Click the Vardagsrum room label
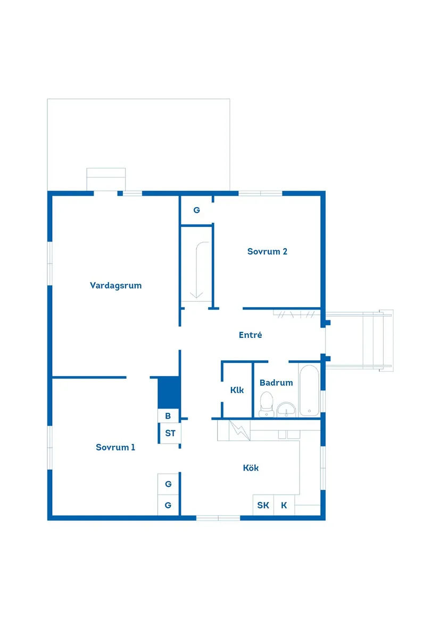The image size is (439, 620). click(115, 285)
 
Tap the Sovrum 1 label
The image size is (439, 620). click(115, 447)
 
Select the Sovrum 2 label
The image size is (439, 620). click(267, 251)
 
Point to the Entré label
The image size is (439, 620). click(250, 335)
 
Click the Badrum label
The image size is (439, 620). click(276, 383)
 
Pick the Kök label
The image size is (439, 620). click(251, 468)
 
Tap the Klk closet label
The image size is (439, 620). click(237, 390)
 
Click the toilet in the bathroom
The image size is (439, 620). click(266, 404)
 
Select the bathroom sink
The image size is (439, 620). click(287, 410)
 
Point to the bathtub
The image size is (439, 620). click(310, 390)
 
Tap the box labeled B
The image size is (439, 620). click(168, 416)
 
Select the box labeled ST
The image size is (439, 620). click(170, 434)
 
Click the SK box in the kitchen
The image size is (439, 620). click(263, 505)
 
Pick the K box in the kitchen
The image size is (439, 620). click(284, 505)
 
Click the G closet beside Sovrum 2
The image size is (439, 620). click(196, 210)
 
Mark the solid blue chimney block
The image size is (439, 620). click(169, 392)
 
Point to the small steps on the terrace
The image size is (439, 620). click(106, 179)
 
